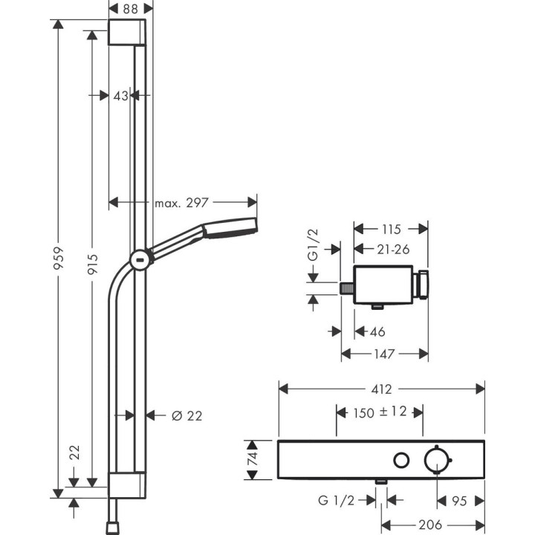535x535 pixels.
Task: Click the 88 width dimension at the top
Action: pyautogui.click(x=132, y=8)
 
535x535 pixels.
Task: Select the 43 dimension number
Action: pyautogui.click(x=122, y=94)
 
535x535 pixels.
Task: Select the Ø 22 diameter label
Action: pyautogui.click(x=187, y=415)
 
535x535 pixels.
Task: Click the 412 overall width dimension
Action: pyautogui.click(x=381, y=389)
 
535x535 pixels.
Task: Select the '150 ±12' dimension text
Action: pyautogui.click(x=380, y=412)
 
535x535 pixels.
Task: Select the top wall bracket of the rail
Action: pyautogui.click(x=132, y=34)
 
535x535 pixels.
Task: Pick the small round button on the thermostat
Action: pyautogui.click(x=401, y=461)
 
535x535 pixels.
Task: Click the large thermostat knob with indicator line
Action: pyautogui.click(x=438, y=461)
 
